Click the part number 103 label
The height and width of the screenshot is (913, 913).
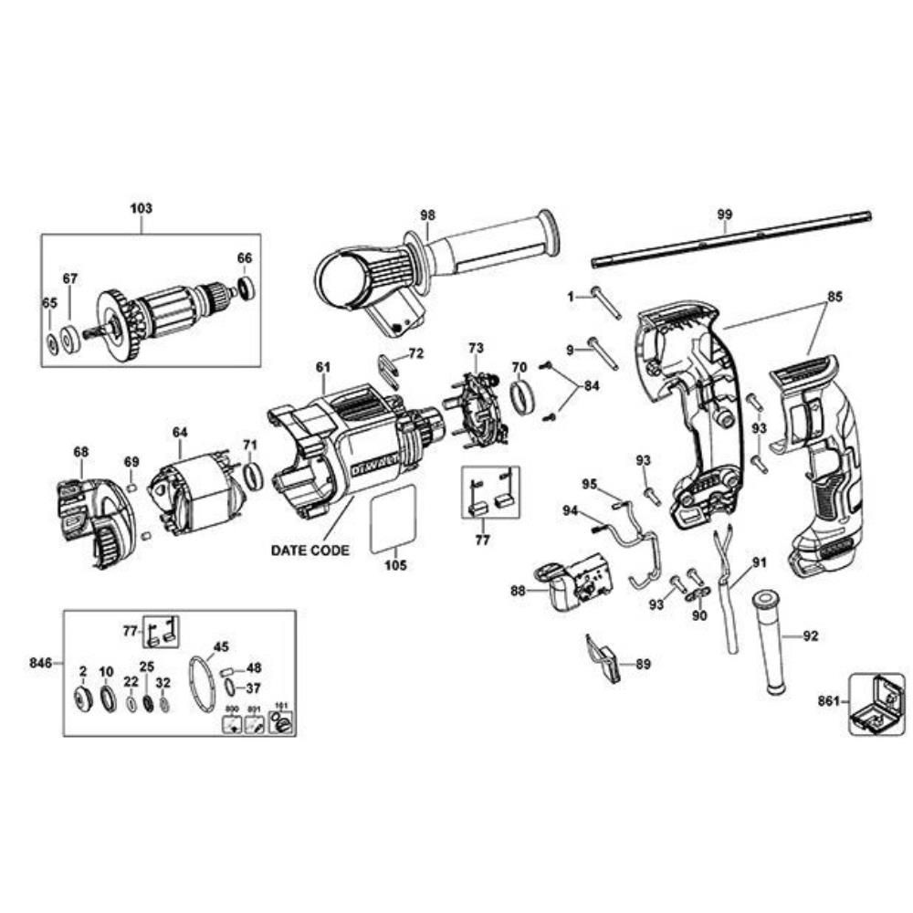tap(141, 208)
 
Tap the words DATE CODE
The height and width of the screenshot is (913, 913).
tap(310, 551)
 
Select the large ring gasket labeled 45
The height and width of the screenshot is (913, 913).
tap(203, 685)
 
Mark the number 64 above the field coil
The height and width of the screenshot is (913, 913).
tap(180, 431)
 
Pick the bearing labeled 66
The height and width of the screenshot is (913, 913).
tap(245, 288)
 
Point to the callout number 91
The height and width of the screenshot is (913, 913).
tap(760, 562)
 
